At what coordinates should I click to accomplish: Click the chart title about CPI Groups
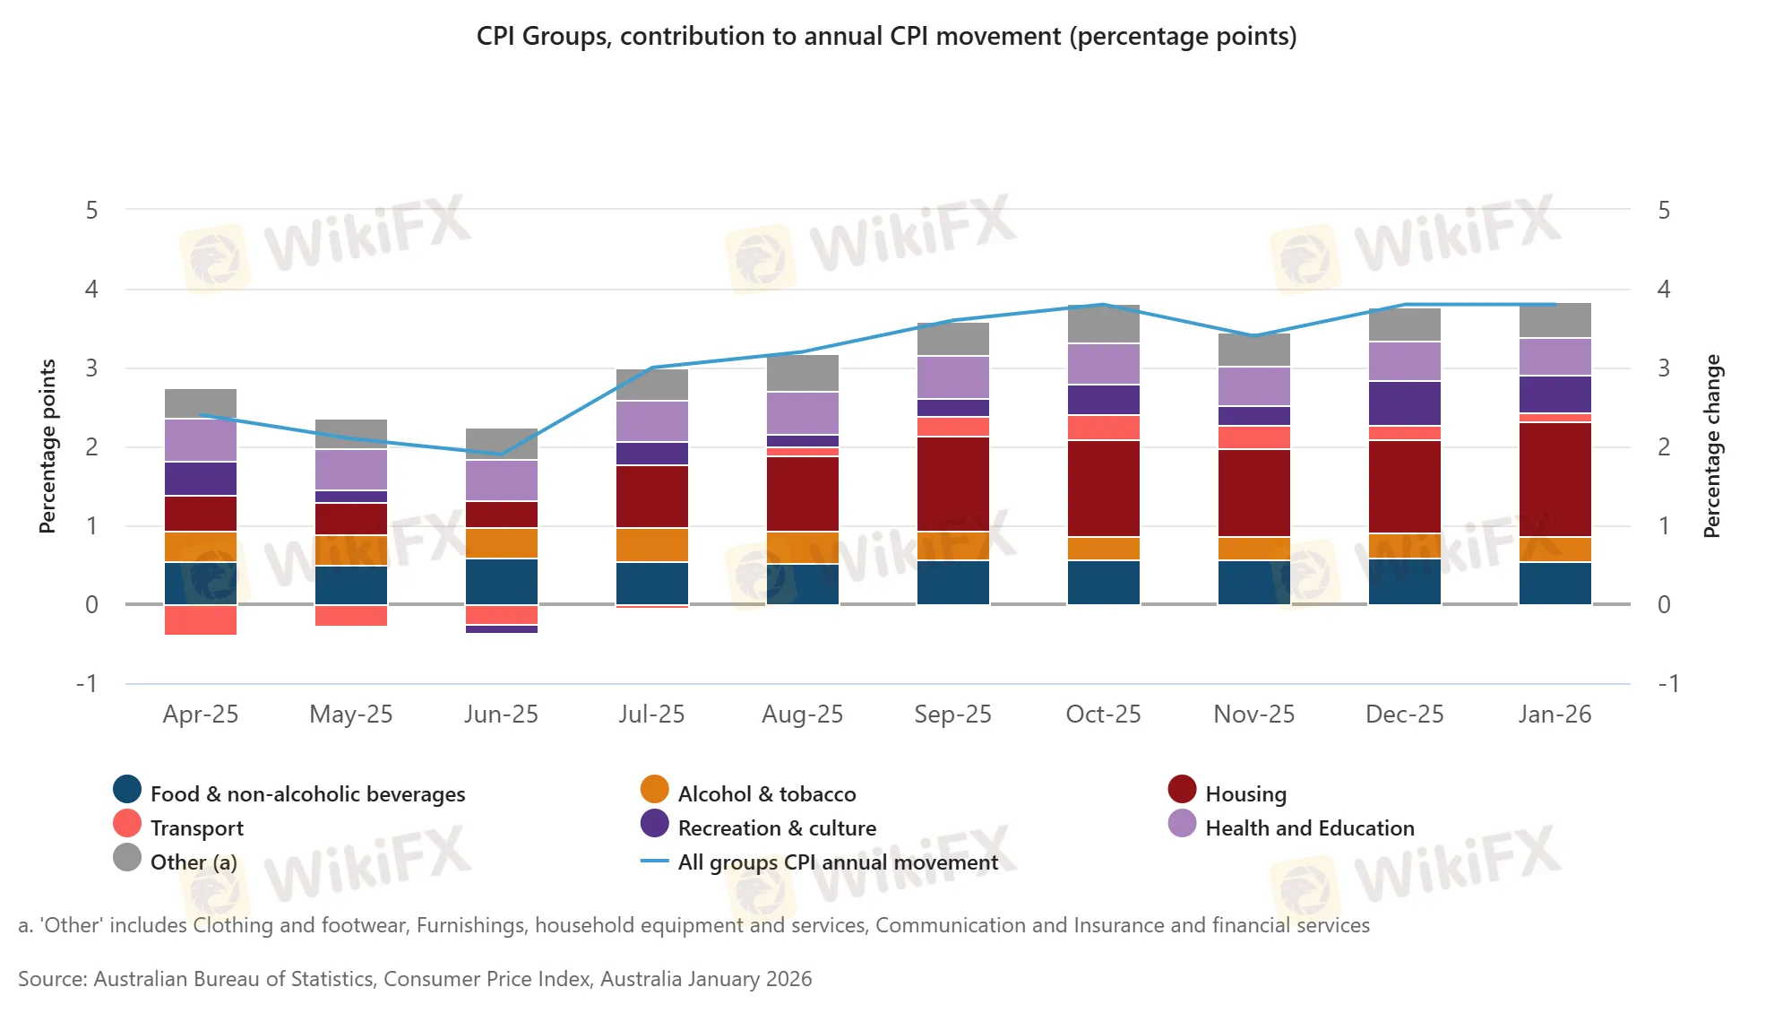(886, 37)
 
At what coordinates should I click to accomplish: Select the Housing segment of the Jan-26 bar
(1554, 479)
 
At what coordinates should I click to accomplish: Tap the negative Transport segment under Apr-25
(201, 619)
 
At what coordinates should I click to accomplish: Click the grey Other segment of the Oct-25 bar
(1103, 325)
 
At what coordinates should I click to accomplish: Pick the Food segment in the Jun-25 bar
(501, 581)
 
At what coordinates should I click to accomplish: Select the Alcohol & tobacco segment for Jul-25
(651, 544)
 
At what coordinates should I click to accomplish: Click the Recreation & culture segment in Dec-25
(1404, 403)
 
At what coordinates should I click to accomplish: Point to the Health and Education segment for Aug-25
(802, 413)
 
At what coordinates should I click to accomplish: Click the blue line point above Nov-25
(1253, 336)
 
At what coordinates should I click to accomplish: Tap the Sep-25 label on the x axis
(952, 715)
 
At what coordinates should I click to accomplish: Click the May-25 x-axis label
(350, 715)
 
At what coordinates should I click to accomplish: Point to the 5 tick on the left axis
(91, 211)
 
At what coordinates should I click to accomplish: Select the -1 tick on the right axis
(1667, 684)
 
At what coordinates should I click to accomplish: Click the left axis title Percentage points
(47, 446)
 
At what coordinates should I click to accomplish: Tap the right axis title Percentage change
(1711, 446)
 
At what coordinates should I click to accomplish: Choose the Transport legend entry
(196, 828)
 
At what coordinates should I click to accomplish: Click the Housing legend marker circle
(1182, 790)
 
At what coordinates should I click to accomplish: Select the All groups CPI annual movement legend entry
(837, 862)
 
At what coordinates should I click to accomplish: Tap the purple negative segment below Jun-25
(501, 629)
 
